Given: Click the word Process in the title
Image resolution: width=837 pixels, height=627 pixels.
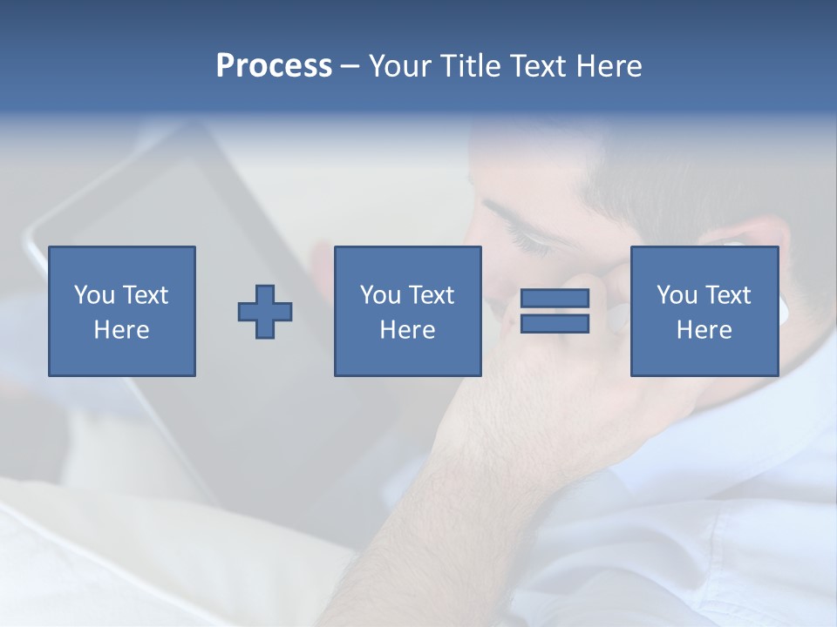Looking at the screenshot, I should click(274, 66).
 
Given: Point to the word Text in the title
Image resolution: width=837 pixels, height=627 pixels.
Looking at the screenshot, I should click(540, 66).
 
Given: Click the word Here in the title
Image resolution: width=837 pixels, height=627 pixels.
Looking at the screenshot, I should click(609, 66).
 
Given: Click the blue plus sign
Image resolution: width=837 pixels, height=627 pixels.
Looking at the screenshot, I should click(265, 311).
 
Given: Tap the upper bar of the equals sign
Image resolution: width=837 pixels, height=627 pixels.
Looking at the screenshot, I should click(555, 299).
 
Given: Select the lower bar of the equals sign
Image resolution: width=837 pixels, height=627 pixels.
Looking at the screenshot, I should click(555, 323).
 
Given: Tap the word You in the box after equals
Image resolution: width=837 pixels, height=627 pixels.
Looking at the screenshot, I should click(677, 295).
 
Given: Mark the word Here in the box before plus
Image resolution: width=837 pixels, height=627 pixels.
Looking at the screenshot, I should click(121, 330).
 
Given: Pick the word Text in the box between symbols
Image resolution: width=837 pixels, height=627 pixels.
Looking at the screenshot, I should click(431, 295).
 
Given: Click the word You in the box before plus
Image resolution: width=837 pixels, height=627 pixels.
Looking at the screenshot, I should click(94, 295).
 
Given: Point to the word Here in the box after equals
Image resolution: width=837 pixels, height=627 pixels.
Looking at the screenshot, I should click(704, 330).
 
